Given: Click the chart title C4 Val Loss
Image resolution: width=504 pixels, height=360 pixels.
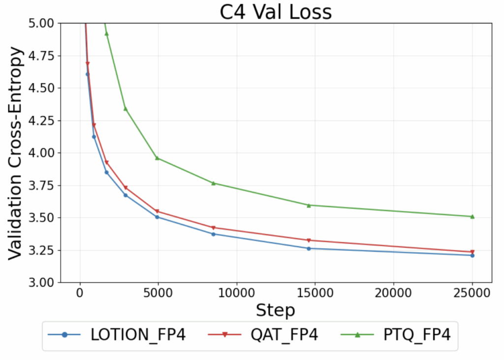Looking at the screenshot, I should coord(276,12).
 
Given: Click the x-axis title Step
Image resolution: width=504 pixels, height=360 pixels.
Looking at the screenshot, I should coord(276,310).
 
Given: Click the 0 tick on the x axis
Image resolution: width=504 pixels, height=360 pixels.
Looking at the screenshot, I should coord(80,293).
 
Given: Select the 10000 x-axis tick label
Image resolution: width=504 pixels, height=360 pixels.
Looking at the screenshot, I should coord(236,293).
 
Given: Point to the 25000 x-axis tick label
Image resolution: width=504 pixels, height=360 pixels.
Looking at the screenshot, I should coord(472,293).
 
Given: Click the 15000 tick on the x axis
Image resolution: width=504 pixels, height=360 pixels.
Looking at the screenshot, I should coord(315,293).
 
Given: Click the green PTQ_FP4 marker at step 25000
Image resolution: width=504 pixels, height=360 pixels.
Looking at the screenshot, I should coord(472,216).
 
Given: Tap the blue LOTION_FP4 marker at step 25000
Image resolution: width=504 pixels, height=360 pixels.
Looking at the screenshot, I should coord(472,255).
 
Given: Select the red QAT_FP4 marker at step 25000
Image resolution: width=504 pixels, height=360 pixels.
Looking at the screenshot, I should coord(472,252).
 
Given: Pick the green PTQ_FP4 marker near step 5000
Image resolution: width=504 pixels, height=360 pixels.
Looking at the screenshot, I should coord(157,158).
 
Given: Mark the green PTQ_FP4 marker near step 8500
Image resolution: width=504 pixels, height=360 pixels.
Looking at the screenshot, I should coord(213,183).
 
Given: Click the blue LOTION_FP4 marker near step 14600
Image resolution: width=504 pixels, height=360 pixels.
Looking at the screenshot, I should coord(309,248).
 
